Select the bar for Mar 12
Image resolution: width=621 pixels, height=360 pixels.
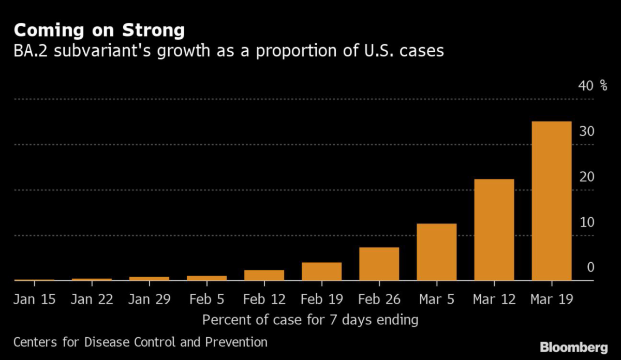494,230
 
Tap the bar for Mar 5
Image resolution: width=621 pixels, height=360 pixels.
436,252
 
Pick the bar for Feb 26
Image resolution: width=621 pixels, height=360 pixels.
379,264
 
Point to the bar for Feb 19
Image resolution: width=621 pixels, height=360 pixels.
321,272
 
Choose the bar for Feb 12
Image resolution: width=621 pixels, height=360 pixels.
264,275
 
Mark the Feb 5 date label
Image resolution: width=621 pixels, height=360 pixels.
206,299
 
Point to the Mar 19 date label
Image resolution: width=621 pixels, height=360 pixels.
552,299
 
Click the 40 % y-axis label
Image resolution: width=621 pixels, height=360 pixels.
592,86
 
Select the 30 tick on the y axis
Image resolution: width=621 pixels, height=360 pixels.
586,131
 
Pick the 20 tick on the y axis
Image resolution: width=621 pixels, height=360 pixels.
586,177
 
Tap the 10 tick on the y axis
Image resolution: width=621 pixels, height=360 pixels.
586,222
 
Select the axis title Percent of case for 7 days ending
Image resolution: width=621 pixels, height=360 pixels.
310,320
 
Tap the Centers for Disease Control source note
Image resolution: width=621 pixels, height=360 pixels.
141,342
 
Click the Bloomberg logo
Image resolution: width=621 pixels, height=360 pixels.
574,347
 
